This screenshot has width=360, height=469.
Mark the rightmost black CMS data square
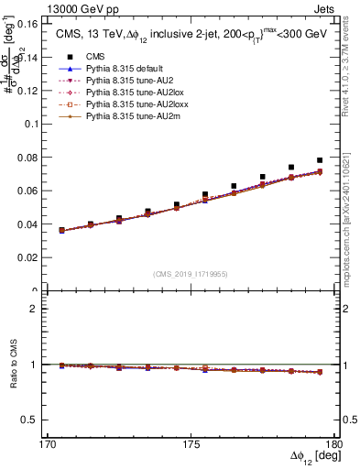click(x=320, y=160)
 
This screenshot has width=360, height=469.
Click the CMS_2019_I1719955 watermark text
click(x=191, y=273)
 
